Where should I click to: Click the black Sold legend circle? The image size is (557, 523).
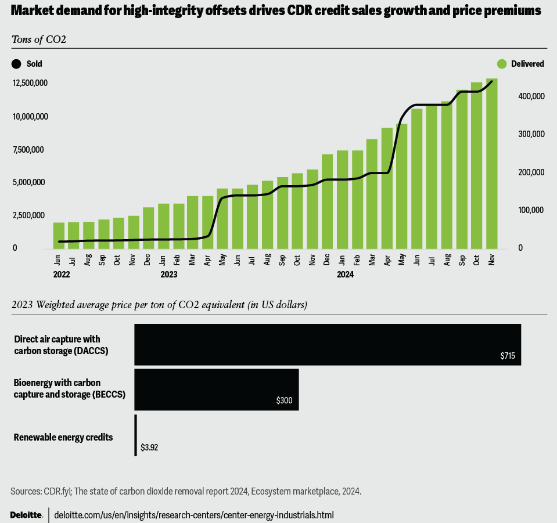pyautogui.click(x=16, y=64)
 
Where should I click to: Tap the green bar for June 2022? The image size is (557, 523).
pyautogui.click(x=59, y=236)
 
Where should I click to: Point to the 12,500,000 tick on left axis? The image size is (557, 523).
pyautogui.click(x=30, y=84)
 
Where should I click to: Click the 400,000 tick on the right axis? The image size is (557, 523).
pyautogui.click(x=530, y=96)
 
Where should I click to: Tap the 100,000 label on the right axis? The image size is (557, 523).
pyautogui.click(x=530, y=210)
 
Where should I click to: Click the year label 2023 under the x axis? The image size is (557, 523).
pyautogui.click(x=169, y=274)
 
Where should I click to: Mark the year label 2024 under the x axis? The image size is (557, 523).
pyautogui.click(x=345, y=274)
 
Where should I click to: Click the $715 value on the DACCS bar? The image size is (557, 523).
pyautogui.click(x=508, y=356)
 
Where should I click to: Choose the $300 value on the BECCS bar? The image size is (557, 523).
pyautogui.click(x=284, y=401)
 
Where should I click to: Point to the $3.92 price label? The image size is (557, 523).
pyautogui.click(x=149, y=448)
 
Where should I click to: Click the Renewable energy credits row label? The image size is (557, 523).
pyautogui.click(x=63, y=437)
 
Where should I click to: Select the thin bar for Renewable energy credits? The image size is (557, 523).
pyautogui.click(x=135, y=435)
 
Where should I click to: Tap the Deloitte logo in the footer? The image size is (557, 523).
pyautogui.click(x=27, y=515)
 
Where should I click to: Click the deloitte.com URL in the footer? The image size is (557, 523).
pyautogui.click(x=194, y=515)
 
